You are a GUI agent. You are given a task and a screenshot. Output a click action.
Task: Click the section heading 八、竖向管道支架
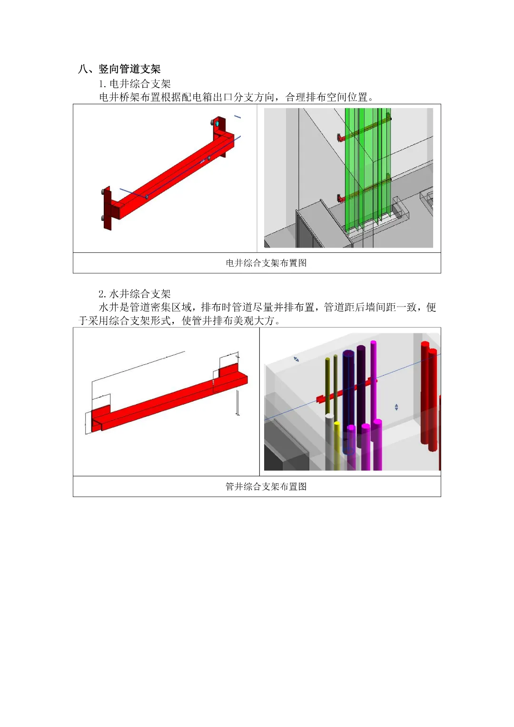119,69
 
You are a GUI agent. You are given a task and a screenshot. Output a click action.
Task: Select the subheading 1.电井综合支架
135,84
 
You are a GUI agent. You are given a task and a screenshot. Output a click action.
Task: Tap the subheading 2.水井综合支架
135,294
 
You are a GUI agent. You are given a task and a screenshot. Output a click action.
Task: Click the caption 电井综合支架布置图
266,263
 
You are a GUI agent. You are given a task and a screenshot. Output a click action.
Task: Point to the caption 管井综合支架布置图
266,486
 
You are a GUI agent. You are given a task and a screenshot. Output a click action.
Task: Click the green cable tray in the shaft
367,169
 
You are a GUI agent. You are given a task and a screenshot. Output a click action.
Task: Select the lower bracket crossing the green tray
364,189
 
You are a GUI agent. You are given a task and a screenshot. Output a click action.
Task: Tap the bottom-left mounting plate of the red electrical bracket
108,208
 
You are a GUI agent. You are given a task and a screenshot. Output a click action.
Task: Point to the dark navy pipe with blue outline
348,402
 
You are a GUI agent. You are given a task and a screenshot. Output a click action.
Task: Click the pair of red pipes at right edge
429,396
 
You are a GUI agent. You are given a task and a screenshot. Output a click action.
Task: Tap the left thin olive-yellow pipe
327,386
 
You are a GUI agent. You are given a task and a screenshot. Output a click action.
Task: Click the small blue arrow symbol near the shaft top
296,359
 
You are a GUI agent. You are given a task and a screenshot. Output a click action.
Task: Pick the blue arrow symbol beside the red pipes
396,407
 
